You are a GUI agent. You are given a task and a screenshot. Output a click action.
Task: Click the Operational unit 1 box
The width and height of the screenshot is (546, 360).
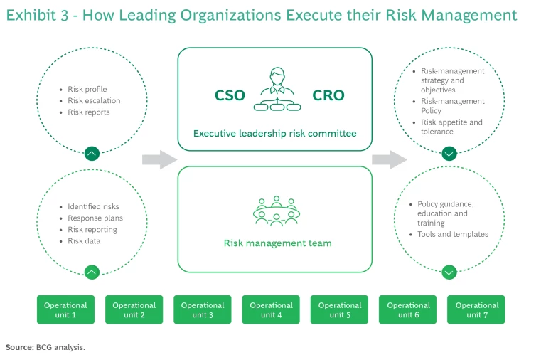coord(65,309)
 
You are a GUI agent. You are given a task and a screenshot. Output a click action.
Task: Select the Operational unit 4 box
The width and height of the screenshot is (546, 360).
coord(271,309)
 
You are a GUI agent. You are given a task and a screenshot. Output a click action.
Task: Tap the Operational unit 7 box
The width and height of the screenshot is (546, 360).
coord(476,309)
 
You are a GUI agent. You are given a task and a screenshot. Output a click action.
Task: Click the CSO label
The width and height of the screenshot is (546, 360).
coord(230,95)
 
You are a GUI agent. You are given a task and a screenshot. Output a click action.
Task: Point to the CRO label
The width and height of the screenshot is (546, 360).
coord(328,95)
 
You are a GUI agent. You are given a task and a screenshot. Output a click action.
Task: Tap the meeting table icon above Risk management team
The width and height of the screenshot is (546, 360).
coord(277,210)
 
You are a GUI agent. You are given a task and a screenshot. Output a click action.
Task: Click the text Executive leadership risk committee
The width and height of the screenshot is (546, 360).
coord(274,133)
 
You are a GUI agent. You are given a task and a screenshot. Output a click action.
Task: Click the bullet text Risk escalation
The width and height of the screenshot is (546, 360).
coord(94,101)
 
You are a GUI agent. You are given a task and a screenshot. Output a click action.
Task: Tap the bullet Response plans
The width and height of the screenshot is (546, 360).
coord(95,218)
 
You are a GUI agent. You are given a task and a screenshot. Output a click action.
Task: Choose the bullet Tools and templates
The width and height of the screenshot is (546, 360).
coord(453,234)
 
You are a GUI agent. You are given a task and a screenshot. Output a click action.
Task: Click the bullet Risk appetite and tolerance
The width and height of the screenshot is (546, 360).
coord(451,127)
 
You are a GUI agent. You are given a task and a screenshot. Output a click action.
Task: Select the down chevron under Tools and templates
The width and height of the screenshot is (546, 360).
coord(449,272)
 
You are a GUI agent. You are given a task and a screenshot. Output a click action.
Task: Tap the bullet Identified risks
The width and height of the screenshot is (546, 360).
coord(94,207)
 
